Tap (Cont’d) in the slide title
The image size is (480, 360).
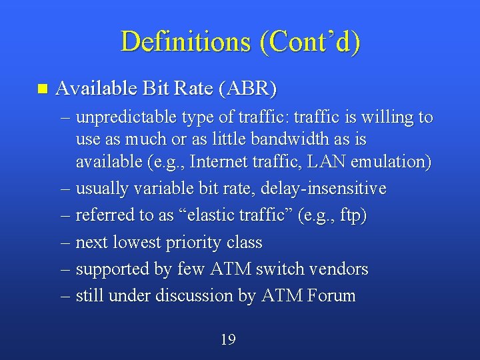click(x=310, y=41)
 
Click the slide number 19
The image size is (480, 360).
click(x=228, y=340)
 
